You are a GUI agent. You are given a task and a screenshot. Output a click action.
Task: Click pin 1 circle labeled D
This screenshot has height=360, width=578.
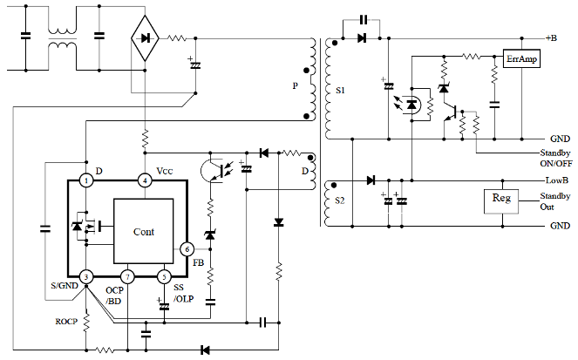[x=86, y=180]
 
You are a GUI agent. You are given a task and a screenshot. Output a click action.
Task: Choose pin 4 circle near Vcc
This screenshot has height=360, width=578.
[x=145, y=180]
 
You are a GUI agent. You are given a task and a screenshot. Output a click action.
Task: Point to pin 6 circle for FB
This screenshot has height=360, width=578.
[x=187, y=249]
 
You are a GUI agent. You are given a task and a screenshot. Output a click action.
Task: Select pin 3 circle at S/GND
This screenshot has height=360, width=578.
[x=86, y=276]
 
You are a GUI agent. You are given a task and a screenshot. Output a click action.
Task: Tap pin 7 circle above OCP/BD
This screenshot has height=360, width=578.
[x=127, y=276]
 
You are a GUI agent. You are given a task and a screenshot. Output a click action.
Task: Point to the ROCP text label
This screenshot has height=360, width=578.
[x=66, y=322]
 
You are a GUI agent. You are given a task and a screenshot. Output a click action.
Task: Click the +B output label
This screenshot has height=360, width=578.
[x=552, y=38]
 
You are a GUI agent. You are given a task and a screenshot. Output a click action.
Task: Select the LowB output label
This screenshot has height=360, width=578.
[x=557, y=180]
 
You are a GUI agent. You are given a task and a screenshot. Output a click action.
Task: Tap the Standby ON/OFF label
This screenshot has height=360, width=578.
[x=556, y=158]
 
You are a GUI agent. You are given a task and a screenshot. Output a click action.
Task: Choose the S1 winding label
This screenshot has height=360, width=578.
[x=340, y=91]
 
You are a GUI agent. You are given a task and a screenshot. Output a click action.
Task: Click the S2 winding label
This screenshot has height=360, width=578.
[x=339, y=200]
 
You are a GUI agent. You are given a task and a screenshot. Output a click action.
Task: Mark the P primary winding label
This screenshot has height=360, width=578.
[x=296, y=85]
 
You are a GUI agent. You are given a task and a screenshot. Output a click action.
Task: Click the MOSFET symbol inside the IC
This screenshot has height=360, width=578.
[x=87, y=227]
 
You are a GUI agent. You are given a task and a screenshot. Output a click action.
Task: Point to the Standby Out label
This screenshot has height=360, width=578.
[x=555, y=201]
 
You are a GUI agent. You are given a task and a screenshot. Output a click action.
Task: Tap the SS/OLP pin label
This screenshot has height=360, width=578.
[x=184, y=293]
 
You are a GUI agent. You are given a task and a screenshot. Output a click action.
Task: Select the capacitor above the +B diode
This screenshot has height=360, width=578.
[x=364, y=20]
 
